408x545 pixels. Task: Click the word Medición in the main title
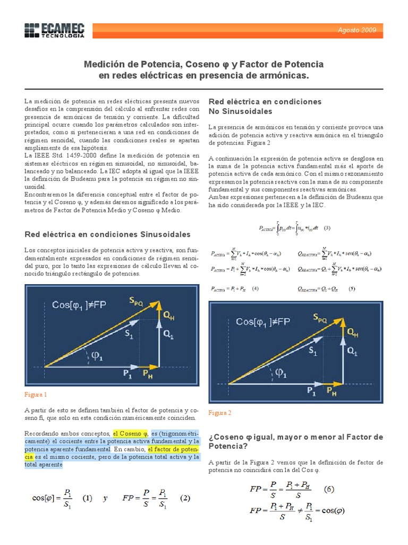[x=106, y=64]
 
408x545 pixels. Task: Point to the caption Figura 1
[x=36, y=394]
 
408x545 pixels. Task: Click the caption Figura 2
[x=220, y=412]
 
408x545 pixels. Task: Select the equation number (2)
[x=185, y=499]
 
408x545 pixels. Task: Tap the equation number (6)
[x=329, y=489]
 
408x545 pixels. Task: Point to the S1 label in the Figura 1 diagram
[x=129, y=334]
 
